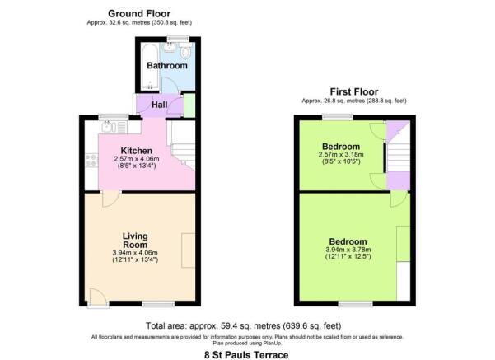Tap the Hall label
click(x=161, y=105)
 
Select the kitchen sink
click(x=110, y=126)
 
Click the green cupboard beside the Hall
click(x=189, y=105)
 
